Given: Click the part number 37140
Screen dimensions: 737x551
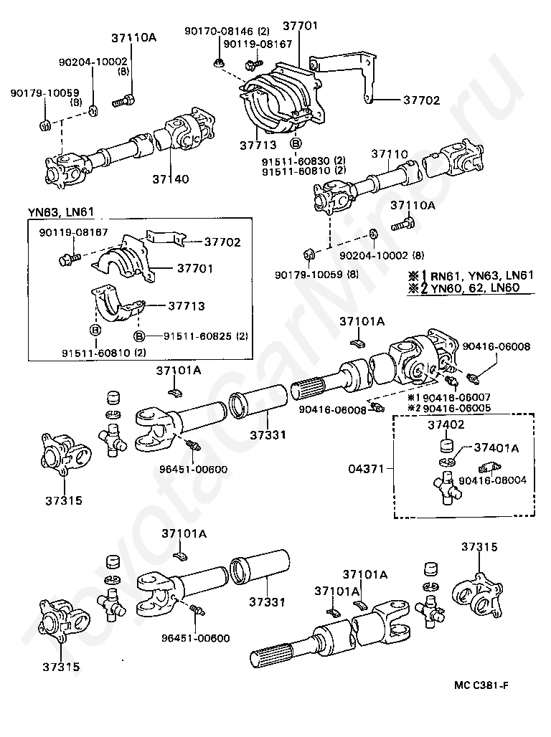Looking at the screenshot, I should pyautogui.click(x=171, y=178).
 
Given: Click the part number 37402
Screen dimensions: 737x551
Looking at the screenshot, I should pyautogui.click(x=446, y=424).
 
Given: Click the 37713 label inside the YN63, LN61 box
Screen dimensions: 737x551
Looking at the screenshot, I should pyautogui.click(x=186, y=306).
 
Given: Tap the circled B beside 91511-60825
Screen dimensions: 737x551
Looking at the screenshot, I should pyautogui.click(x=140, y=336).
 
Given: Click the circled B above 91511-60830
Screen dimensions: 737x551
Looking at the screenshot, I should pyautogui.click(x=296, y=143).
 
